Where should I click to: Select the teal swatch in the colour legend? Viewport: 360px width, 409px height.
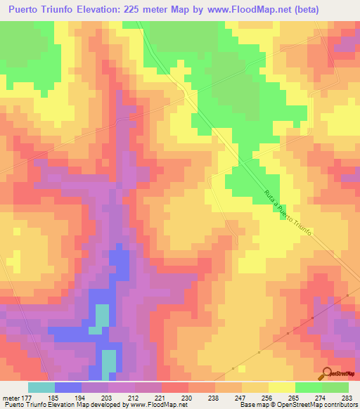point(41,387)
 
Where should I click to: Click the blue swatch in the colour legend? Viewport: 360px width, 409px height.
point(68,387)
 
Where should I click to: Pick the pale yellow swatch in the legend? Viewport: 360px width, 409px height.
point(282,387)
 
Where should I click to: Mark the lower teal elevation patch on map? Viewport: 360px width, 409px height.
point(109,361)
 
